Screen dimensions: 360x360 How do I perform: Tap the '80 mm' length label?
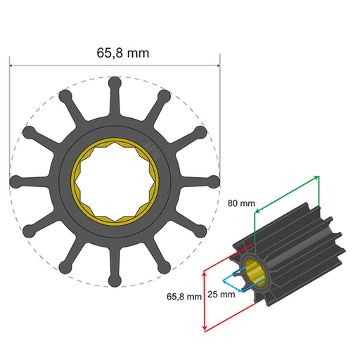pyautogui.click(x=241, y=203)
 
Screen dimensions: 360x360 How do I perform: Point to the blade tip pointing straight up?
pyautogui.click(x=115, y=83)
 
